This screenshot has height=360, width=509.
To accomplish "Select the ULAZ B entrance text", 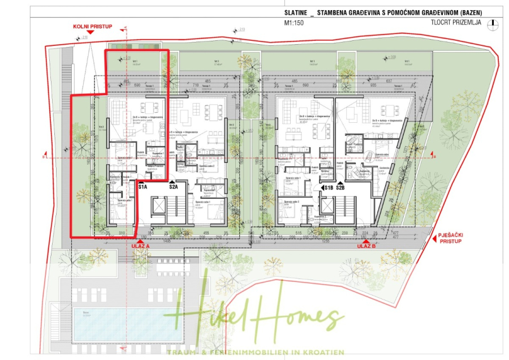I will click(366, 246).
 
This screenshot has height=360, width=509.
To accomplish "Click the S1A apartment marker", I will click(143, 186).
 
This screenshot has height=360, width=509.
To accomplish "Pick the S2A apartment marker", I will click(173, 186).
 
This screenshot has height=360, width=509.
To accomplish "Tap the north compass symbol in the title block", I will click(495, 24).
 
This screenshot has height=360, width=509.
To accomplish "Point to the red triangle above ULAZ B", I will click(367, 239).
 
